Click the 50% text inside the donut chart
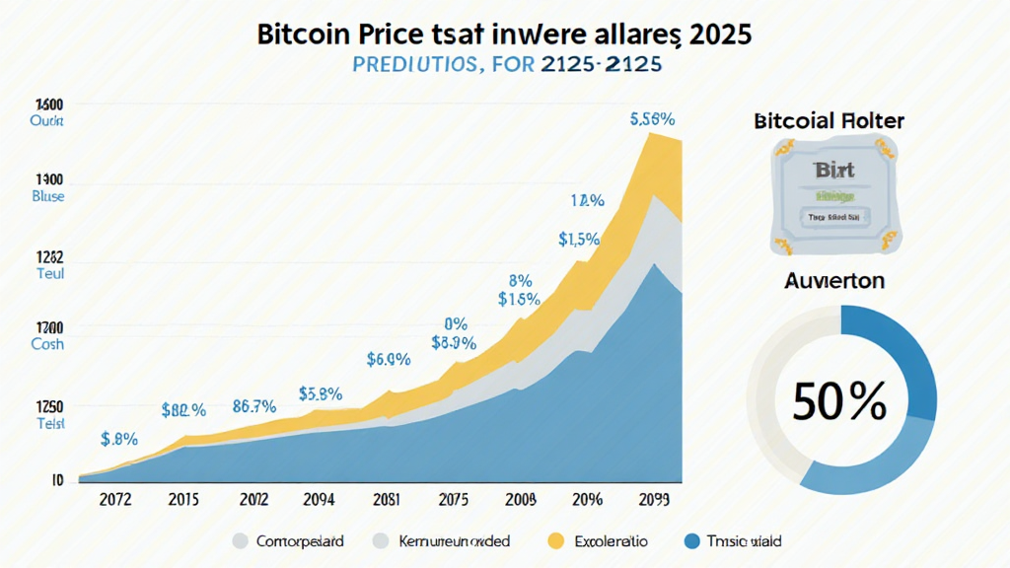click(x=839, y=401)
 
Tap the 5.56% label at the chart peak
click(x=652, y=119)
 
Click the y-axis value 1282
click(x=49, y=257)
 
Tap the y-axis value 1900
click(x=49, y=180)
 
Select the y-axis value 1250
click(x=49, y=406)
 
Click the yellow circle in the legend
click(x=555, y=540)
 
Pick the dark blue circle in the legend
click(x=691, y=540)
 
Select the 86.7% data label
click(x=253, y=405)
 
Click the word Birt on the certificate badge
click(x=834, y=171)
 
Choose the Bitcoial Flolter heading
click(x=829, y=121)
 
